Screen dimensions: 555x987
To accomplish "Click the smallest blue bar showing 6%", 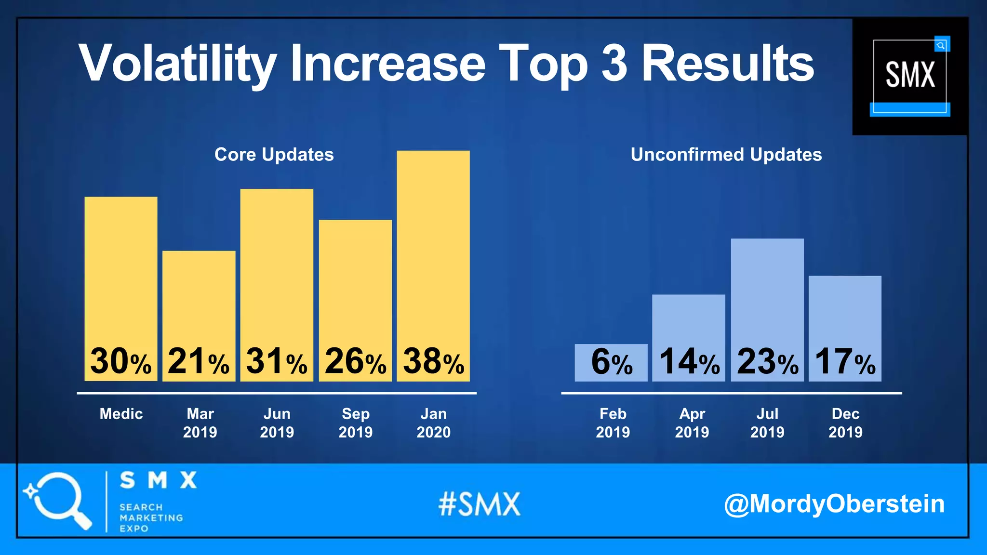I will click(611, 362).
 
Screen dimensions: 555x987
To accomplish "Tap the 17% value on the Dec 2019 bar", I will click(845, 362).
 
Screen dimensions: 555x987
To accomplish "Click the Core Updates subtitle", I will click(274, 155).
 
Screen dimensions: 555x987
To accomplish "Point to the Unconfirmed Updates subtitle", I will click(726, 155).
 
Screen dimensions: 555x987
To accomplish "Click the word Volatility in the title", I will click(177, 64).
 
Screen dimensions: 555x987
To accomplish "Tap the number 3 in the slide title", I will click(614, 63).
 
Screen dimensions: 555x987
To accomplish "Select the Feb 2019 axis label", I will click(613, 423).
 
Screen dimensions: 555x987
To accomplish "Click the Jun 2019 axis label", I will click(277, 423).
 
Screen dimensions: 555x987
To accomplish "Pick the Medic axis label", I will click(121, 414).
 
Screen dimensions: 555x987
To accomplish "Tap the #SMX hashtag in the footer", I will click(479, 504).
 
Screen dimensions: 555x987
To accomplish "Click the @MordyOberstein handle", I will click(834, 504).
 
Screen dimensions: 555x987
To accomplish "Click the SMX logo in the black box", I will click(909, 76).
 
